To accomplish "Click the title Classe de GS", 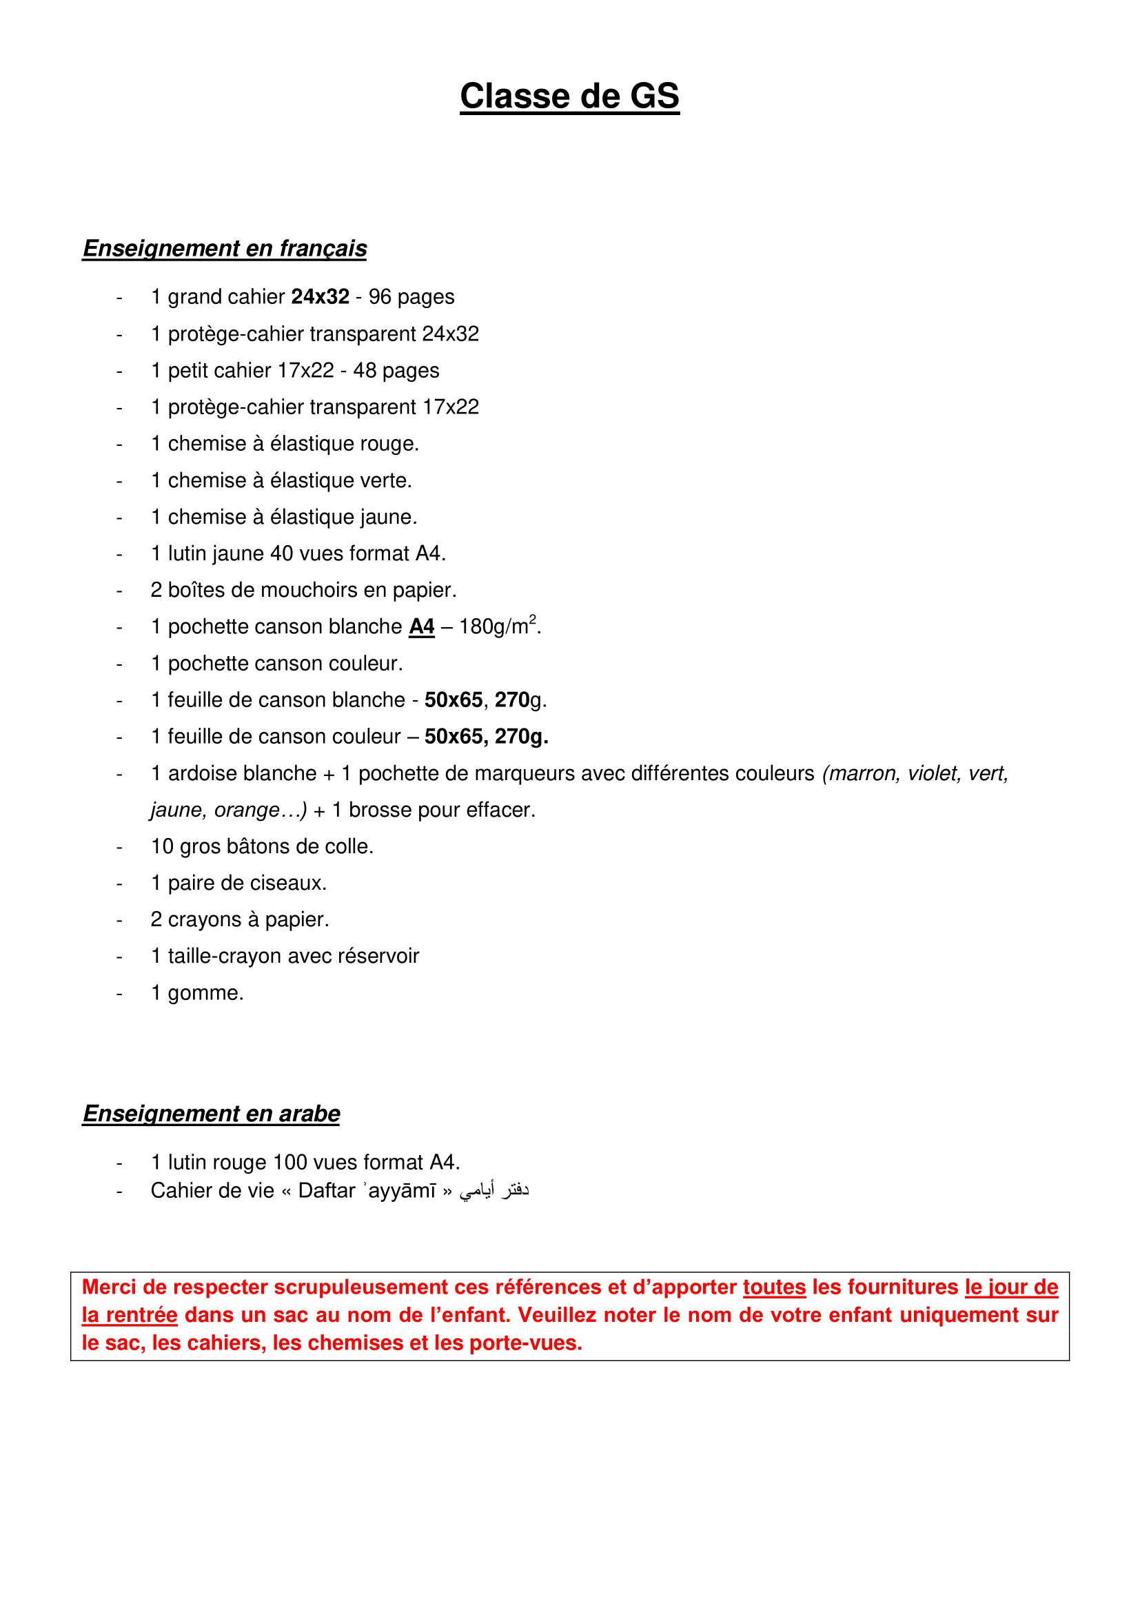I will tap(569, 96).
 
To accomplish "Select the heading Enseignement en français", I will tap(225, 249).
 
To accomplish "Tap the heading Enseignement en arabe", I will tap(212, 1114).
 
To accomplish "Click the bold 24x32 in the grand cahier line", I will tap(320, 297).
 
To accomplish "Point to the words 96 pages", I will tap(411, 297).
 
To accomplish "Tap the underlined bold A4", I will tap(422, 626).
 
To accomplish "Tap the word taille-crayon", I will tap(219, 955).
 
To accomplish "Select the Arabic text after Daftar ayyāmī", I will tap(494, 1191).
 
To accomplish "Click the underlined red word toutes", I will tap(774, 1287).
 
